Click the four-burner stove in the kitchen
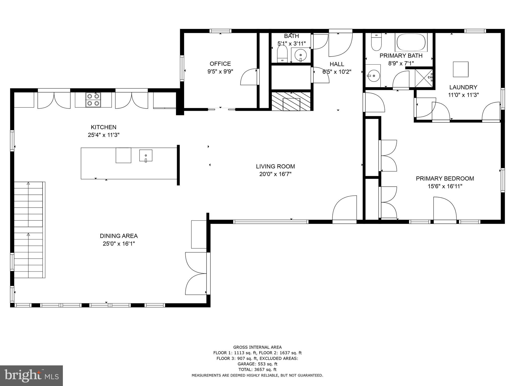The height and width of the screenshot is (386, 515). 93,100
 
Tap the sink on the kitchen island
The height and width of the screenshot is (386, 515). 146,156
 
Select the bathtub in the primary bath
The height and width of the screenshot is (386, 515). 411,42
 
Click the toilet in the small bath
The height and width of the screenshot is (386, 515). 282,54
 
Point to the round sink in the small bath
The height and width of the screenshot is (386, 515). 301,54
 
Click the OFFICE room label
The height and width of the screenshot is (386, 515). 220,64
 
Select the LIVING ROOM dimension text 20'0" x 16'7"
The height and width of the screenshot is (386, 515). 275,174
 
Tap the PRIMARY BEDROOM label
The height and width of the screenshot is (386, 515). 445,178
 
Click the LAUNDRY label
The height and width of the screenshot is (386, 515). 463,87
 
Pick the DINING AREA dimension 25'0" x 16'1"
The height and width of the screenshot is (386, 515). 119,244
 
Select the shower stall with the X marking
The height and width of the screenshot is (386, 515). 423,78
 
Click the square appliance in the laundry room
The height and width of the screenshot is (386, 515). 461,69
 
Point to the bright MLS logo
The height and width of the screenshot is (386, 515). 31,375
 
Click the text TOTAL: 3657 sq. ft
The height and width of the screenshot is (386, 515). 257,369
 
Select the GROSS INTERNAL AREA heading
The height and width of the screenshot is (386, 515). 257,347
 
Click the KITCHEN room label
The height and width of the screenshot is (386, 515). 104,127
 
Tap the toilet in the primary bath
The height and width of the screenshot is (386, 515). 376,43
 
